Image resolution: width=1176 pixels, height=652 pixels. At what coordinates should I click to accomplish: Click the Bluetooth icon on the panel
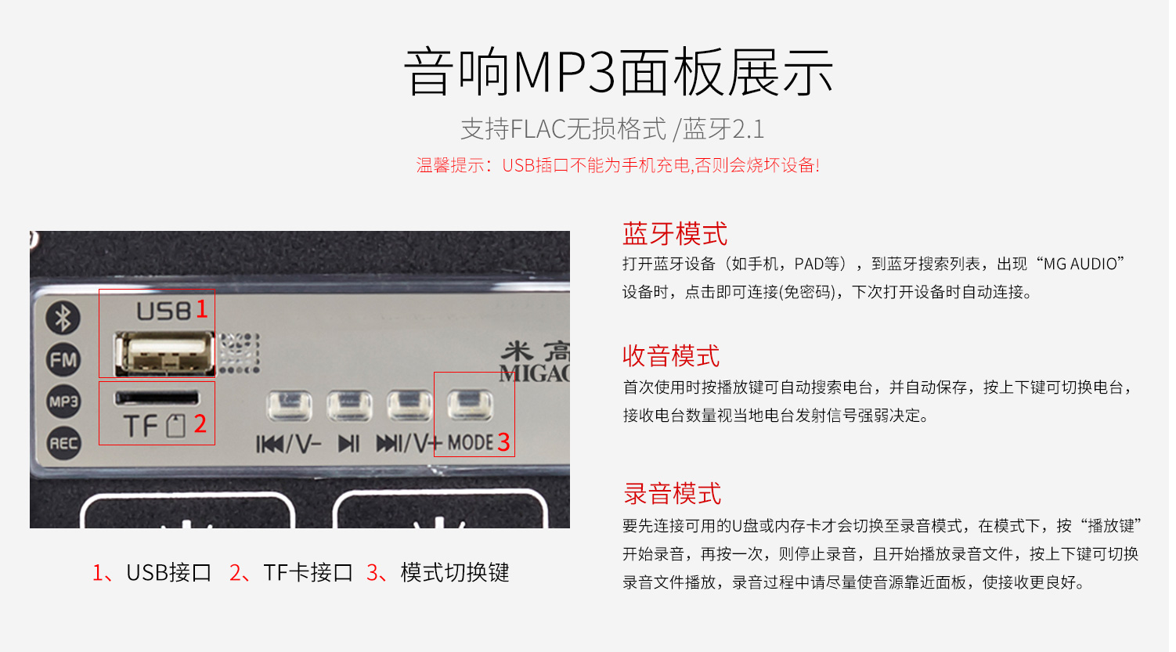click(63, 318)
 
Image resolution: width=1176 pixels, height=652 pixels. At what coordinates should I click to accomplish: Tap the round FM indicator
click(63, 360)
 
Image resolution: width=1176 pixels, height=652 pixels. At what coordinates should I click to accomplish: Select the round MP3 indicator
click(63, 402)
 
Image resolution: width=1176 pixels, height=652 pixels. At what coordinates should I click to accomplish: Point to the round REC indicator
click(63, 444)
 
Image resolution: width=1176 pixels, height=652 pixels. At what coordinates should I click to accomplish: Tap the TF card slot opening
click(157, 398)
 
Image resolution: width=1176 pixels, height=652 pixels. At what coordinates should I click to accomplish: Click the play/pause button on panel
click(349, 405)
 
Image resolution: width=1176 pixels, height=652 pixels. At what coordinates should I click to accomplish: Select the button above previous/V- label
click(289, 405)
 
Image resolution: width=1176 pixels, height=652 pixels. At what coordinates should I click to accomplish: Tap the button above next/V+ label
click(409, 405)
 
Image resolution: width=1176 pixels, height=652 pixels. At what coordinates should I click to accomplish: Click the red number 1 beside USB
click(202, 309)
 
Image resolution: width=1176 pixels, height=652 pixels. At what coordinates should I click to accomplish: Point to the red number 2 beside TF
click(200, 423)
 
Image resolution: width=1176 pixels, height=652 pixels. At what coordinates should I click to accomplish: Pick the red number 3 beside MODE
click(503, 442)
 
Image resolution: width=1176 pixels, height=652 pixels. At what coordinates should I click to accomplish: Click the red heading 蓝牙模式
click(675, 233)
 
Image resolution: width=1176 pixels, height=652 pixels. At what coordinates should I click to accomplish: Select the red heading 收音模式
click(671, 356)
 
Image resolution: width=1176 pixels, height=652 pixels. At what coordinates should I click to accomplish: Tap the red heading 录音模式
click(672, 494)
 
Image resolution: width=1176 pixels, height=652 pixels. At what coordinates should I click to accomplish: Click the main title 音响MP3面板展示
click(618, 72)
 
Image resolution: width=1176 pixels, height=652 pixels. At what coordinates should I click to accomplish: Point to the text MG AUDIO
click(1084, 264)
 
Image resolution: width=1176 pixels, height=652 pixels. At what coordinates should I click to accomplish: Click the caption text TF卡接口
click(308, 573)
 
